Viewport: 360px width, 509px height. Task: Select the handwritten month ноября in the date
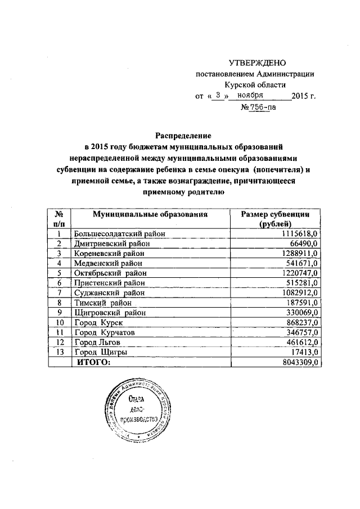tap(250, 95)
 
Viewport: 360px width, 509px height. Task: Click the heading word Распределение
tap(183, 136)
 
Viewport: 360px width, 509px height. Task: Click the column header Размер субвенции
tap(277, 215)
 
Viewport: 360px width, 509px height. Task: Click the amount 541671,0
tap(303, 263)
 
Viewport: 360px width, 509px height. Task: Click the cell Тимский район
tap(101, 303)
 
